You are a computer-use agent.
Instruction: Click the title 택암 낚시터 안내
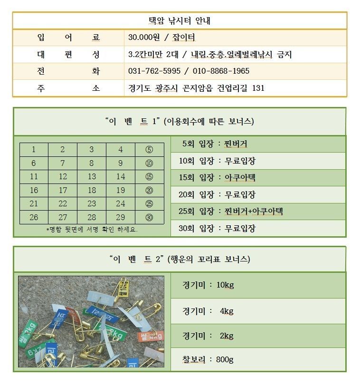[180, 21]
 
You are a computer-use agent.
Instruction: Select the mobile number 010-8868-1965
[221, 71]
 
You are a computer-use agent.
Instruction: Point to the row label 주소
[68, 88]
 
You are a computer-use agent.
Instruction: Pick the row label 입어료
[68, 38]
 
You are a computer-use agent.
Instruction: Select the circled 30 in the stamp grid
[149, 217]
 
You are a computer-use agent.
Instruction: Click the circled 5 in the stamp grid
[149, 150]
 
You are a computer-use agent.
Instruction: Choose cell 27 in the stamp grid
[63, 217]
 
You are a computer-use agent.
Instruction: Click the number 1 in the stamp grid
[34, 150]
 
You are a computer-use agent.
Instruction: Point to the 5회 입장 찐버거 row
[214, 144]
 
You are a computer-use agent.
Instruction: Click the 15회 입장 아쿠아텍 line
[217, 178]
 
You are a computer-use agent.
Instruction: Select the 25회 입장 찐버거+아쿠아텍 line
[231, 211]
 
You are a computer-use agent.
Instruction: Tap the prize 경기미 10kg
[208, 285]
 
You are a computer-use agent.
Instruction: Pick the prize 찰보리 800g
[208, 359]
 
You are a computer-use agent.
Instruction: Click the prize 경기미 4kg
[208, 311]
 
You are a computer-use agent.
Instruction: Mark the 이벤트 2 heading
[180, 259]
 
